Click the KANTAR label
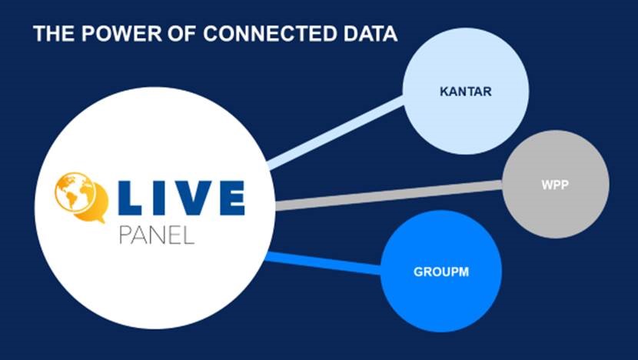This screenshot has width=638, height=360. [466, 92]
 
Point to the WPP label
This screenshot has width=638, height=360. [555, 185]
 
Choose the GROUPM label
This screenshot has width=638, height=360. [441, 272]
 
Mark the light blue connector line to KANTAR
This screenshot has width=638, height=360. [338, 131]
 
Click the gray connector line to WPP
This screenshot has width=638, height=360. [384, 194]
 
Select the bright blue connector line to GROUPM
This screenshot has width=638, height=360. [323, 262]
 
